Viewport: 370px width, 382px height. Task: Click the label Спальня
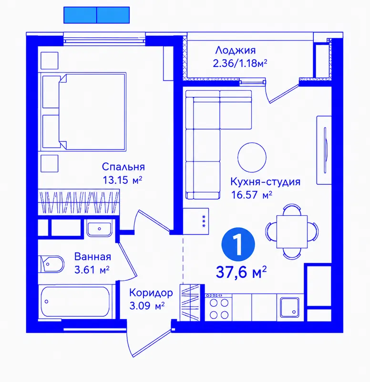tap(123, 167)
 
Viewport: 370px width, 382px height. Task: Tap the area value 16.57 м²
tap(252, 195)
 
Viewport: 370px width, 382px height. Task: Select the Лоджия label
tap(236, 51)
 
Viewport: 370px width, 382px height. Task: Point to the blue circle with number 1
tap(238, 244)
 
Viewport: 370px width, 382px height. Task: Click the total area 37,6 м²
tap(241, 272)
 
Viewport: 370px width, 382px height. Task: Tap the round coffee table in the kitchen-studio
tap(252, 157)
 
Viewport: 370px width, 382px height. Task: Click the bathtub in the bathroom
tap(75, 302)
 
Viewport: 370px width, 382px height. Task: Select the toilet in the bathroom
tap(51, 264)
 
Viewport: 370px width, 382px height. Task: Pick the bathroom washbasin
tap(100, 229)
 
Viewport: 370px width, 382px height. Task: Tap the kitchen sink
tap(289, 308)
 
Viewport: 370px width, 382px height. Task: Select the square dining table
tap(292, 232)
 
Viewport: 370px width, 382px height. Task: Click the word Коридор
tap(151, 293)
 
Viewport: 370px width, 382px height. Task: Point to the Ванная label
tap(92, 256)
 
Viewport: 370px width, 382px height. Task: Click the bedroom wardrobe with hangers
tap(79, 202)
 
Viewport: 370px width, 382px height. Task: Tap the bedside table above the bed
tap(50, 61)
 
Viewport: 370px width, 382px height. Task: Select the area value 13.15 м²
tap(123, 180)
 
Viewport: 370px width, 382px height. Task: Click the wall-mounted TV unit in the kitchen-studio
tap(324, 150)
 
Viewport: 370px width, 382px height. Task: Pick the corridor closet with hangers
tap(190, 303)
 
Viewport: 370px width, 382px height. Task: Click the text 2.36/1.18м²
tap(240, 64)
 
